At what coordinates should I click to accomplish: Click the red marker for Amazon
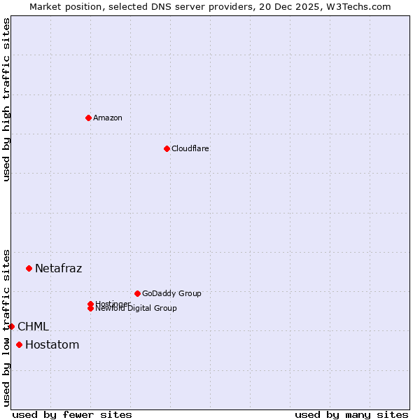tap(88, 118)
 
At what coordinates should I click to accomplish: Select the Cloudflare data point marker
tap(167, 148)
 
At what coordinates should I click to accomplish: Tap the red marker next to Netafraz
tap(29, 268)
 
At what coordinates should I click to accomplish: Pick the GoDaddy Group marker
tap(137, 293)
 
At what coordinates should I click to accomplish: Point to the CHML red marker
tap(11, 326)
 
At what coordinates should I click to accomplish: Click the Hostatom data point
tap(19, 344)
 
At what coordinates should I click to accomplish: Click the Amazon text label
tap(108, 118)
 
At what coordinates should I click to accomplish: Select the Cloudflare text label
tap(190, 148)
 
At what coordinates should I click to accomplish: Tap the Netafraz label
tap(59, 268)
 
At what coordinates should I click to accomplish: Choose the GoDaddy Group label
tap(171, 293)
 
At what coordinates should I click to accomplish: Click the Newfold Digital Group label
tap(136, 309)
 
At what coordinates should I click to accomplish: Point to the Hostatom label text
tap(52, 344)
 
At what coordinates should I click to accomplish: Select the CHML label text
tap(34, 326)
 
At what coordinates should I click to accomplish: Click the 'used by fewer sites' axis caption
tap(72, 414)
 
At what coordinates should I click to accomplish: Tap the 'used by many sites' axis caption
tap(351, 414)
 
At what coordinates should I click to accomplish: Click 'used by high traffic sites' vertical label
tap(6, 99)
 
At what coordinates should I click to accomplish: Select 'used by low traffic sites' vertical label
tap(6, 327)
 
